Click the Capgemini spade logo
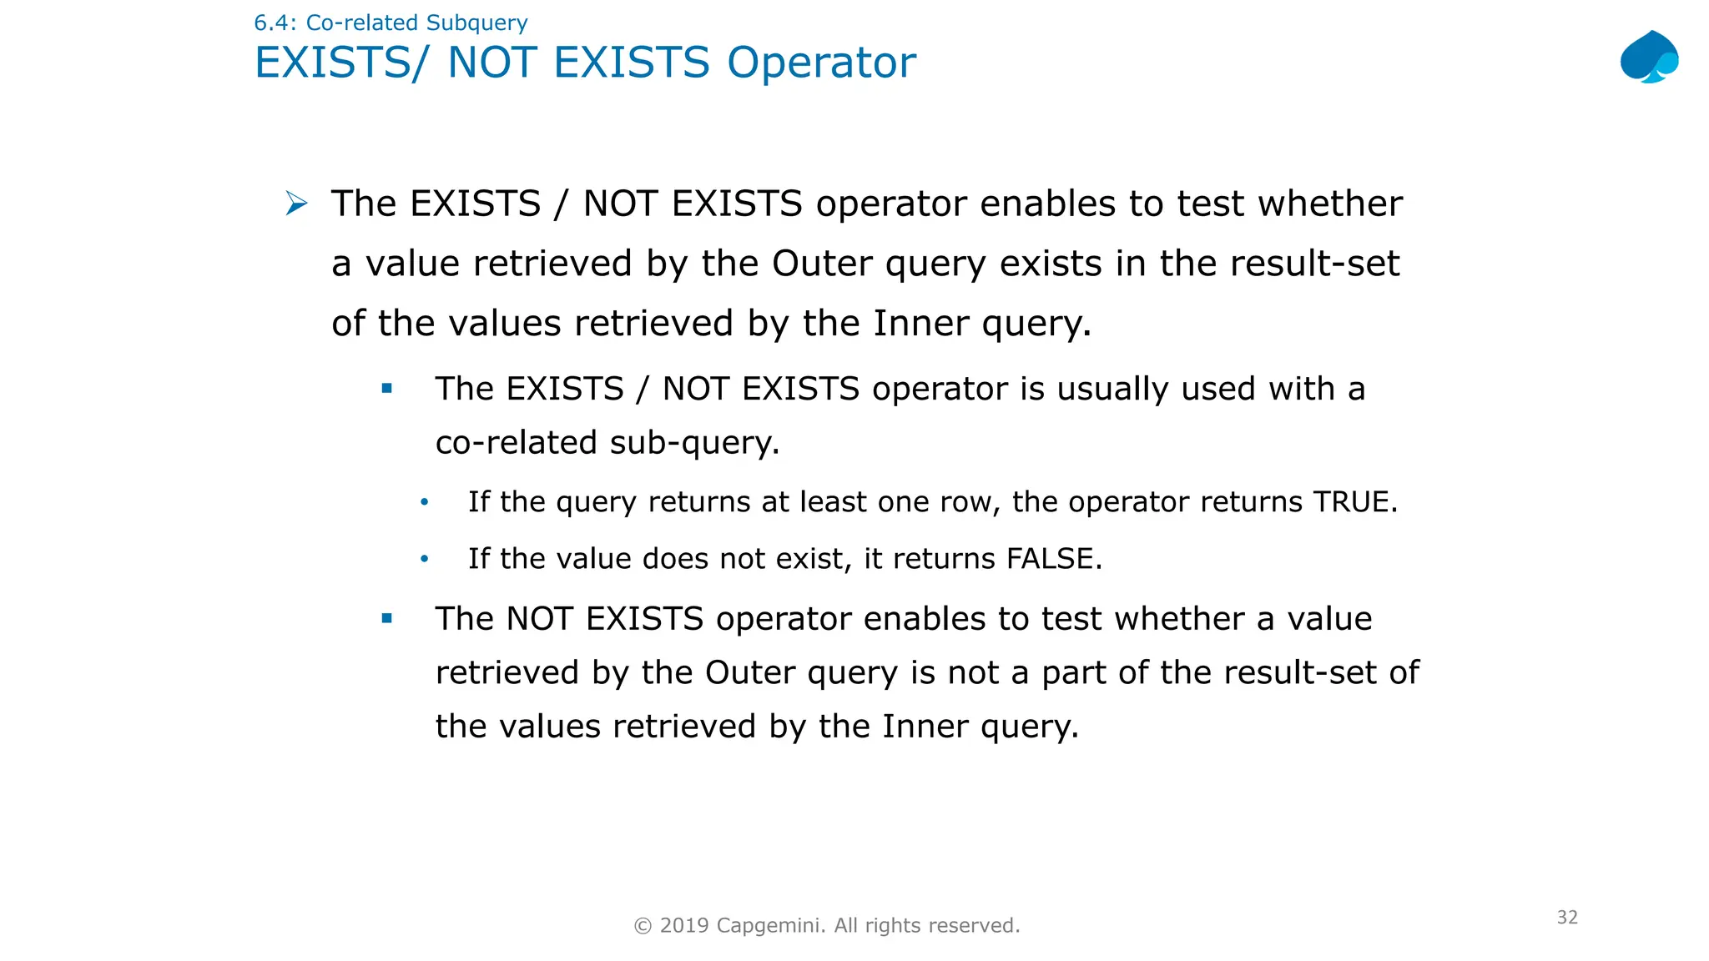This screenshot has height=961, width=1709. tap(1649, 57)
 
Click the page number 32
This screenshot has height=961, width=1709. tap(1567, 917)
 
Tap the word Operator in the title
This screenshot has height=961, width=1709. tap(821, 63)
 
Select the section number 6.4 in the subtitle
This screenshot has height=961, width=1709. tap(271, 23)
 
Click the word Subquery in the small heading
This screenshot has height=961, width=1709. tap(476, 23)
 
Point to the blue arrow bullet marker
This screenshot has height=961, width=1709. tap(296, 203)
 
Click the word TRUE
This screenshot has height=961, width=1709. tap(1350, 501)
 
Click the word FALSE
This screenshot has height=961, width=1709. tap(1050, 558)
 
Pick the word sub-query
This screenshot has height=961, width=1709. tap(693, 442)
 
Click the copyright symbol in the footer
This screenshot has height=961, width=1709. tap(643, 925)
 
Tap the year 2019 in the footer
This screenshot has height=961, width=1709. tap(684, 925)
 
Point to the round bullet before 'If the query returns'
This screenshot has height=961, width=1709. tap(425, 502)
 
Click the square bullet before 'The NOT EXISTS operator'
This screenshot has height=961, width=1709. tap(386, 618)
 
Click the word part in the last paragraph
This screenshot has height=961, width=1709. tap(1076, 672)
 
